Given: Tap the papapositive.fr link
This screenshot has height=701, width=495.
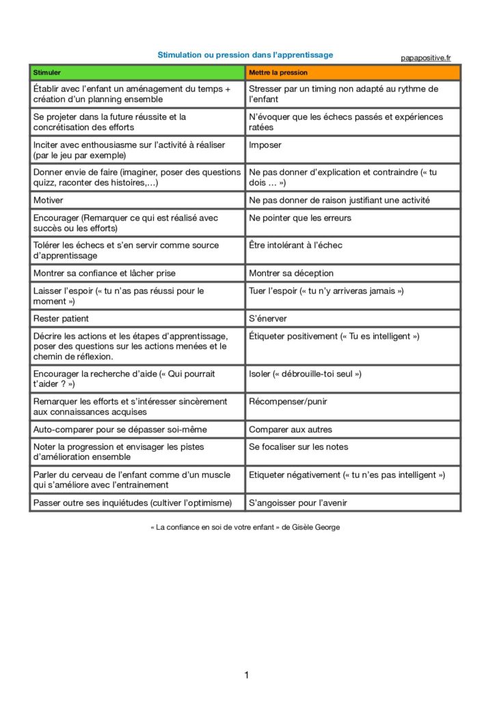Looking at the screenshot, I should coord(425,58).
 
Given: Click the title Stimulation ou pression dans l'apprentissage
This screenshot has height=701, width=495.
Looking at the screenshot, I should coord(245,55).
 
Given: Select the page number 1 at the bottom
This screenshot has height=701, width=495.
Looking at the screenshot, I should coord(247,676).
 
